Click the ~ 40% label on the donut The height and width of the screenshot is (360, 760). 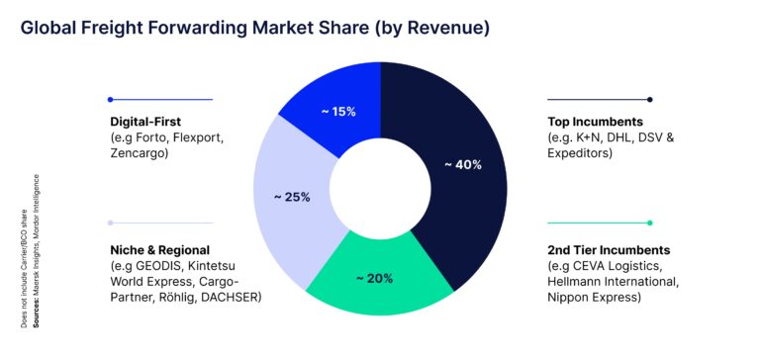(x=462, y=165)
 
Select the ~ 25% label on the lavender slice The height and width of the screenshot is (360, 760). (x=292, y=197)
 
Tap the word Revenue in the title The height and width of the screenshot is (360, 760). (x=440, y=29)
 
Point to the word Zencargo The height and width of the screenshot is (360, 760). (x=141, y=155)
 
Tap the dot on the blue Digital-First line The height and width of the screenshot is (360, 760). (x=110, y=99)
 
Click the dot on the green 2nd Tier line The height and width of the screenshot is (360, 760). (x=649, y=223)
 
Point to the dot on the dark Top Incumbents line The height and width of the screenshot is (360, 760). (x=649, y=99)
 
